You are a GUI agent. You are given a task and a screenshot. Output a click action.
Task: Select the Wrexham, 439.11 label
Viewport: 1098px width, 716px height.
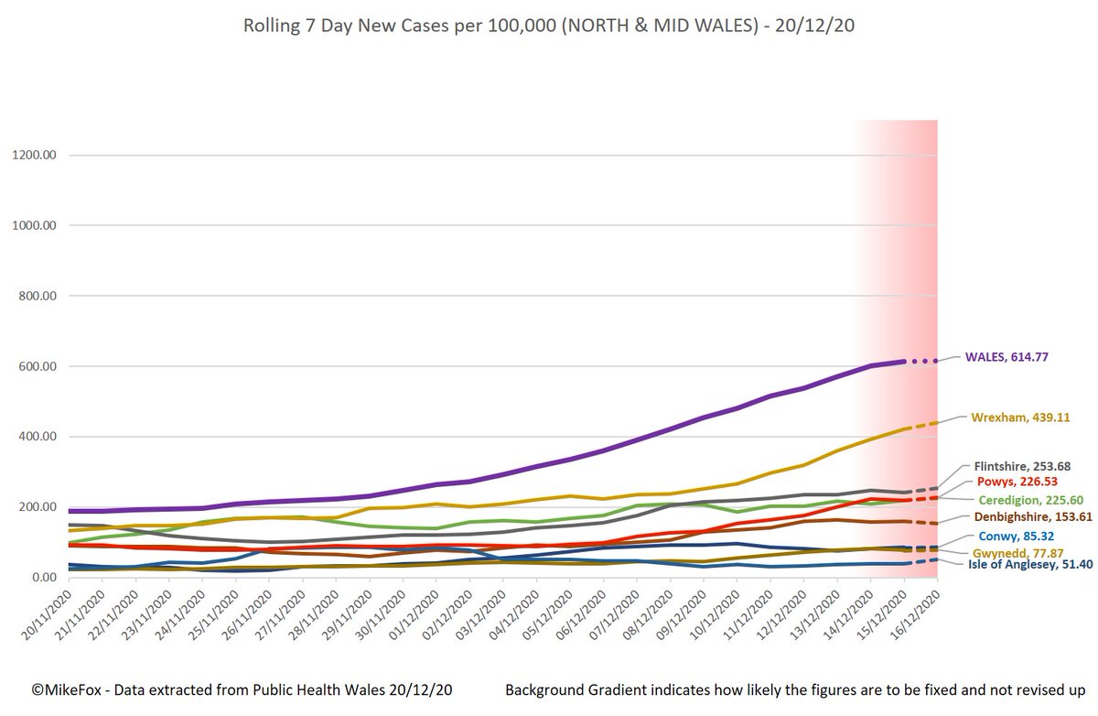click(1021, 416)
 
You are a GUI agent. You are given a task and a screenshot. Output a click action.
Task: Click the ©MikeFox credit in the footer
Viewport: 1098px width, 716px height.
click(64, 689)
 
